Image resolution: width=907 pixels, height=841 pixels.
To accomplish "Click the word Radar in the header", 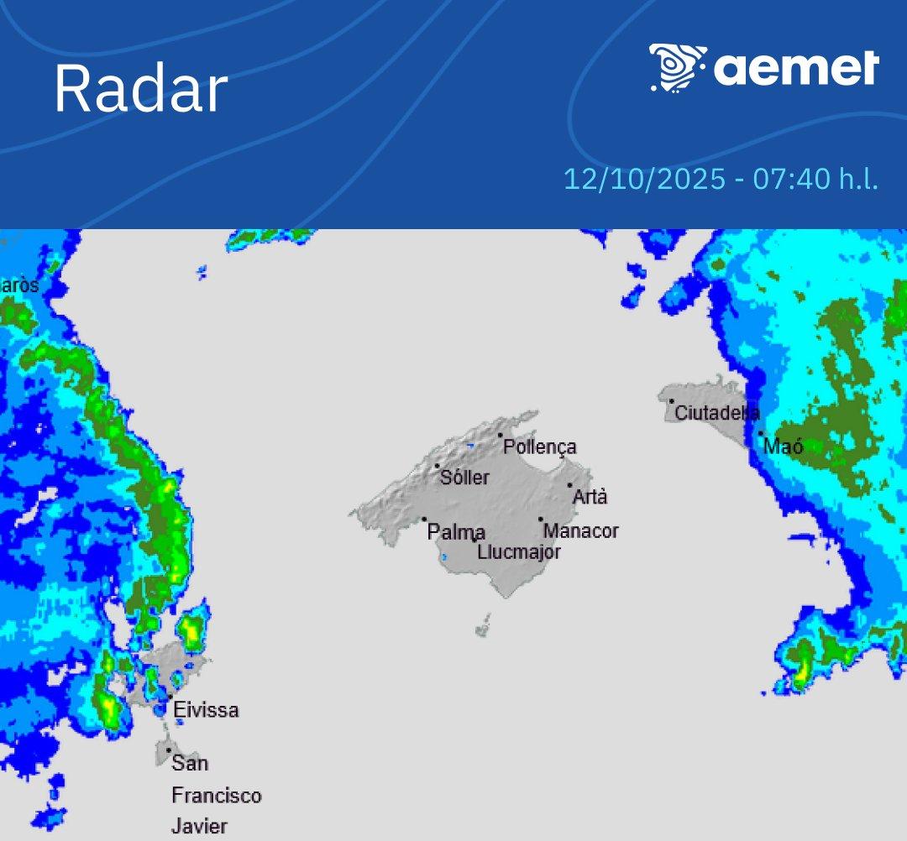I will [x=141, y=89].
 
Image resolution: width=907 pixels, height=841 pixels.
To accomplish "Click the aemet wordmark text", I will [x=796, y=69].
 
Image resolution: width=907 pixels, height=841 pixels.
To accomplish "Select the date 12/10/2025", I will [x=644, y=180].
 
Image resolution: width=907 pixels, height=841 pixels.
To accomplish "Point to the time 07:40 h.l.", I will [x=815, y=180].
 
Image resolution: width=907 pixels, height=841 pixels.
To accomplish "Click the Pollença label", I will [x=540, y=447].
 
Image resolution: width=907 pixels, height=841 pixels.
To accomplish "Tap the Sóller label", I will [x=464, y=478].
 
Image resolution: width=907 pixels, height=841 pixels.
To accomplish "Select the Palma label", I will [x=456, y=532].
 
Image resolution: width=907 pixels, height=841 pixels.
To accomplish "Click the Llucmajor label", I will [x=519, y=552].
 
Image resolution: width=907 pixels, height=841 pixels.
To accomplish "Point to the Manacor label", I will [x=581, y=531].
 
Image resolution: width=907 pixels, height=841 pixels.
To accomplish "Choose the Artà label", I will [x=590, y=497].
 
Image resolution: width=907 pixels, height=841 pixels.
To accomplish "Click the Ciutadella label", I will [x=717, y=413].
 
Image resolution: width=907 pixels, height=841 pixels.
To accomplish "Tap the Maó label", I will [x=784, y=447].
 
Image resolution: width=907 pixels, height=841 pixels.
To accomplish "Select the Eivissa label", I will [x=206, y=710].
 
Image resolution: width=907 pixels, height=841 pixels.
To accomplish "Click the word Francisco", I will [x=217, y=795].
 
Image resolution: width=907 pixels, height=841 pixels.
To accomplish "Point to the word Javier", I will [x=200, y=826].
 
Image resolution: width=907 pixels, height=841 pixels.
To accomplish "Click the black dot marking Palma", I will [x=424, y=520].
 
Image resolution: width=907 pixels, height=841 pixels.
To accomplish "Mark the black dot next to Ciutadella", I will [x=672, y=401].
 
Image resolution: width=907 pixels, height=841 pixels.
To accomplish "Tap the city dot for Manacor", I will [x=541, y=520].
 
